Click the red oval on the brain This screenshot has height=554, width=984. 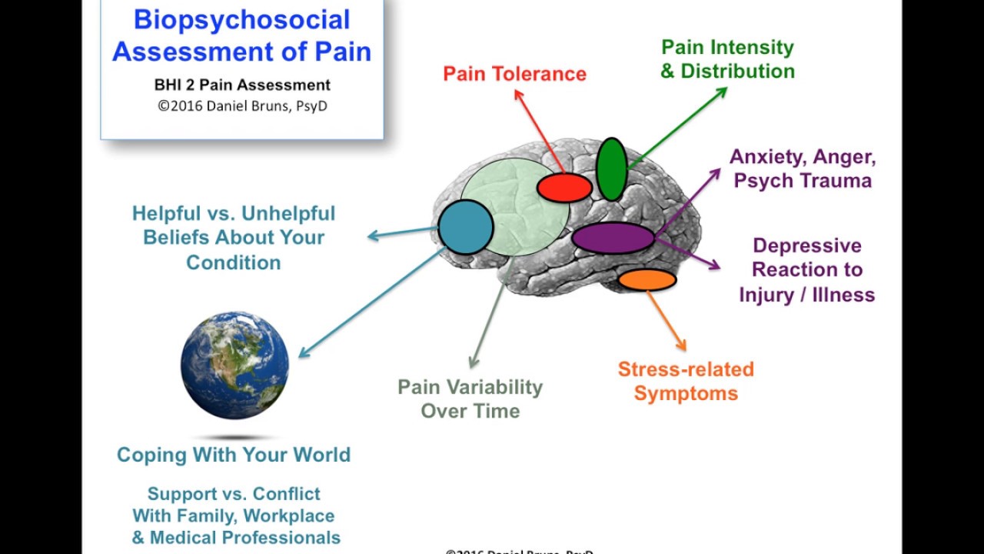pos(564,188)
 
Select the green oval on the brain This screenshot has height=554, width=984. pos(611,169)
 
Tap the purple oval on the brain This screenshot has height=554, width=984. pos(613,238)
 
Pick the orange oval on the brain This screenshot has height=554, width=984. pos(647,279)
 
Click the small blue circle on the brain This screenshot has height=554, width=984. pos(465,226)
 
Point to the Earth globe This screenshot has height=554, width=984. pos(234,365)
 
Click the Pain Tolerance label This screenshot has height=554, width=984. pos(514,74)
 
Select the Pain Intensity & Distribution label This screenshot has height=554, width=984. pos(727,59)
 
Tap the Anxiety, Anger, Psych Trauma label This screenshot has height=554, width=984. pos(803,169)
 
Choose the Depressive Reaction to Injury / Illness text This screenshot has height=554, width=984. pos(806,270)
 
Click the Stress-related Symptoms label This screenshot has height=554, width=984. pos(686,381)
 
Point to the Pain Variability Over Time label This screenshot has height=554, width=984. pos(470,399)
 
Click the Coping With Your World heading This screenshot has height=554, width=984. pos(234,455)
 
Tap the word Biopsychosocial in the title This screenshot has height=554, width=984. pos(241,20)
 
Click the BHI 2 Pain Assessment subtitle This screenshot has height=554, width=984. pos(242,85)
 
